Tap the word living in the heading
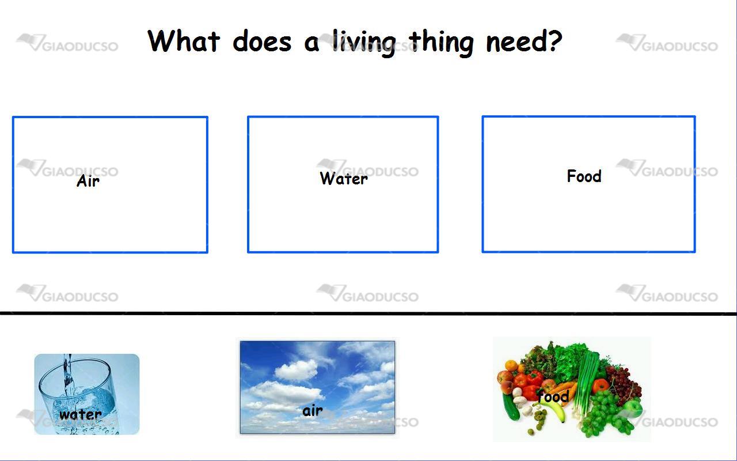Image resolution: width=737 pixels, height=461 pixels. pyautogui.click(x=363, y=43)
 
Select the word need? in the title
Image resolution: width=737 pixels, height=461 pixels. pyautogui.click(x=524, y=41)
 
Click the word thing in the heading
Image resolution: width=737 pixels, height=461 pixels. pyautogui.click(x=441, y=43)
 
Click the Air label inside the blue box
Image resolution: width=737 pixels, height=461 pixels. pyautogui.click(x=88, y=180)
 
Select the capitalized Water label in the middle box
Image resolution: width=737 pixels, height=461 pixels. pyautogui.click(x=344, y=178)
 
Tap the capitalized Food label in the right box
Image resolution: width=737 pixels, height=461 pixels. pyautogui.click(x=584, y=176)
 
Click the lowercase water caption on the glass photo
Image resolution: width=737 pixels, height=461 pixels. pyautogui.click(x=80, y=414)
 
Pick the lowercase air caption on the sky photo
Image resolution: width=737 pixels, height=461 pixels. pyautogui.click(x=312, y=411)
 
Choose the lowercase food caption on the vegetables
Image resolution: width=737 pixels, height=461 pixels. pyautogui.click(x=553, y=395)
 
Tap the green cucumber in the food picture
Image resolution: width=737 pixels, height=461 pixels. pyautogui.click(x=510, y=407)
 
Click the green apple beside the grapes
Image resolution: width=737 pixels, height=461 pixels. pyautogui.click(x=633, y=409)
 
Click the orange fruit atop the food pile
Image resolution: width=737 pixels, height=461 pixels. pyautogui.click(x=511, y=365)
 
